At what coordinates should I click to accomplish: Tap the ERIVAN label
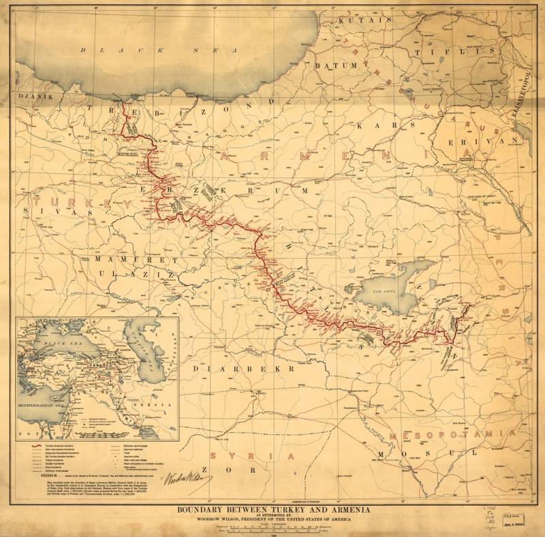point(489,139)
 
